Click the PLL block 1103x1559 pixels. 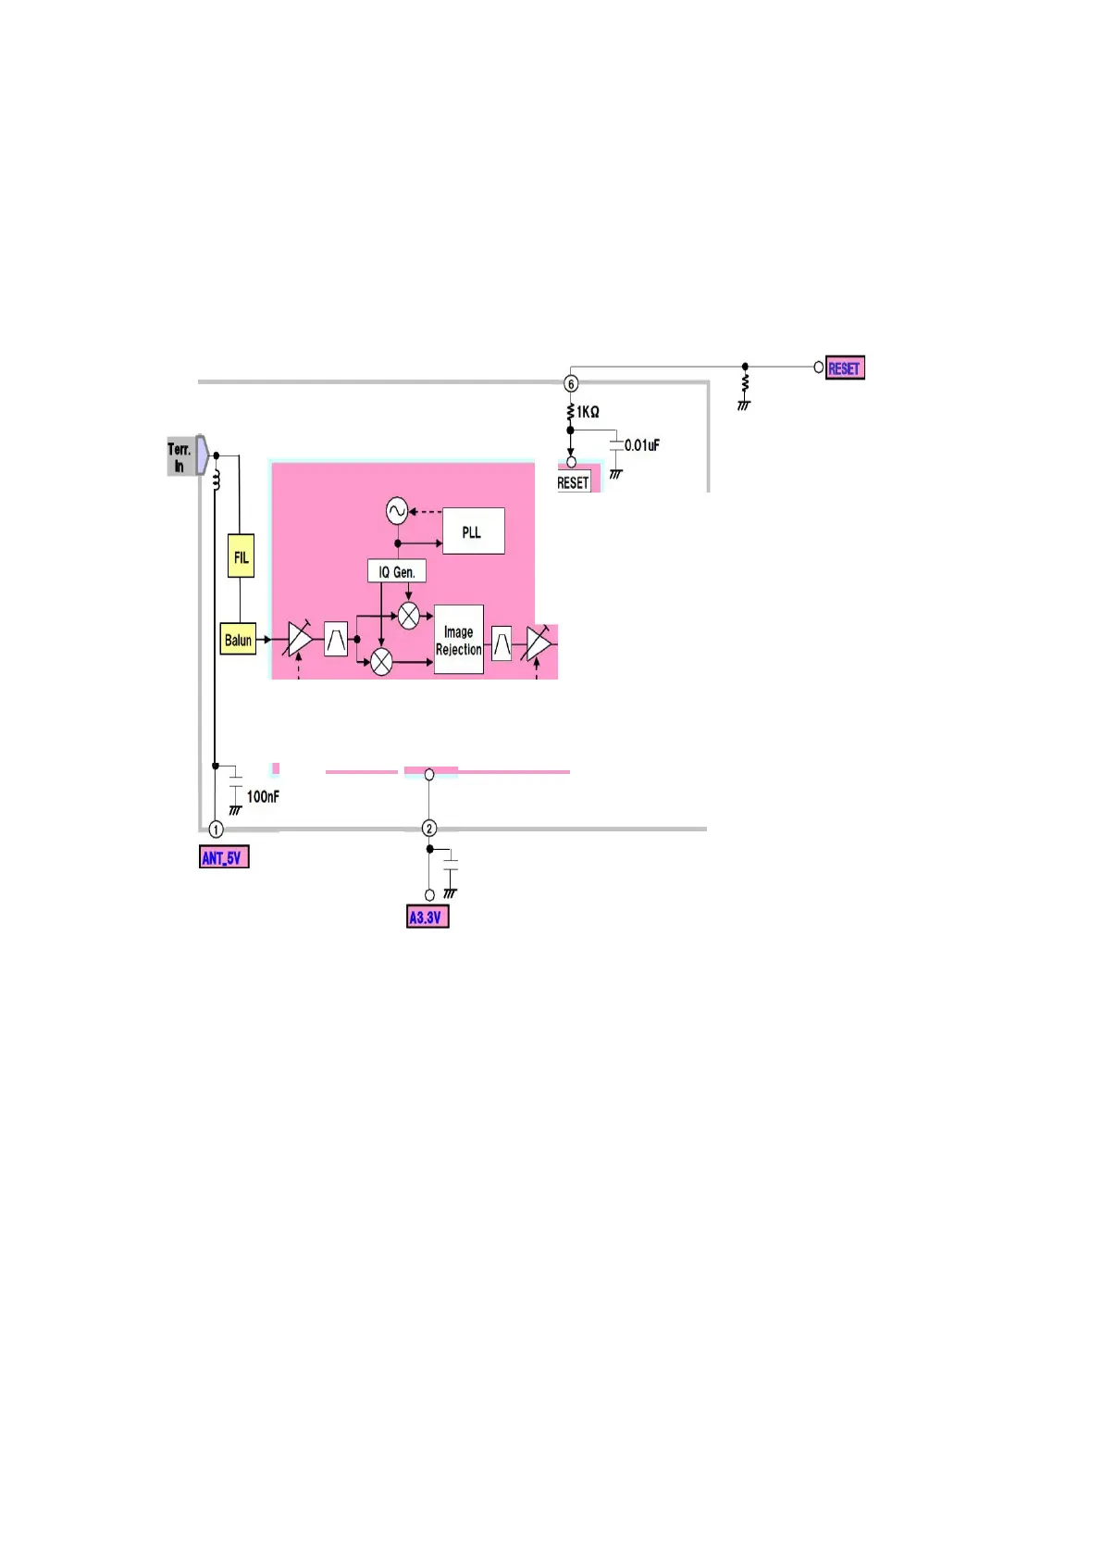coord(473,531)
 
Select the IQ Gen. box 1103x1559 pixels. coord(397,572)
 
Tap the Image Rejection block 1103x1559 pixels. coord(459,640)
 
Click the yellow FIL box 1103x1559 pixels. coord(241,556)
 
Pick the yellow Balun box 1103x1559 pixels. coord(238,640)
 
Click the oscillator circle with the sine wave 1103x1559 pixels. coord(396,510)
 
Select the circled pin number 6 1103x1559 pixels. coord(571,383)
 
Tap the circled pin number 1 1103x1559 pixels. coord(216,829)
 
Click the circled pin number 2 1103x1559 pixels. coord(428,829)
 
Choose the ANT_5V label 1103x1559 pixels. coord(224,857)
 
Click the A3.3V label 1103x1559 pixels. coord(428,917)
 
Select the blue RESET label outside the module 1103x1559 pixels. coord(845,368)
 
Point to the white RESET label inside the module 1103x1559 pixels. coord(573,482)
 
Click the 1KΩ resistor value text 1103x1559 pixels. coord(589,412)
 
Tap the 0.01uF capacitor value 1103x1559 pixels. coord(642,445)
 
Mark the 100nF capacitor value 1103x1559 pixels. coord(263,796)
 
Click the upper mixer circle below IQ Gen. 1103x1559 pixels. coord(408,616)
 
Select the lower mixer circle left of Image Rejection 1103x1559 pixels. coord(381,662)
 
